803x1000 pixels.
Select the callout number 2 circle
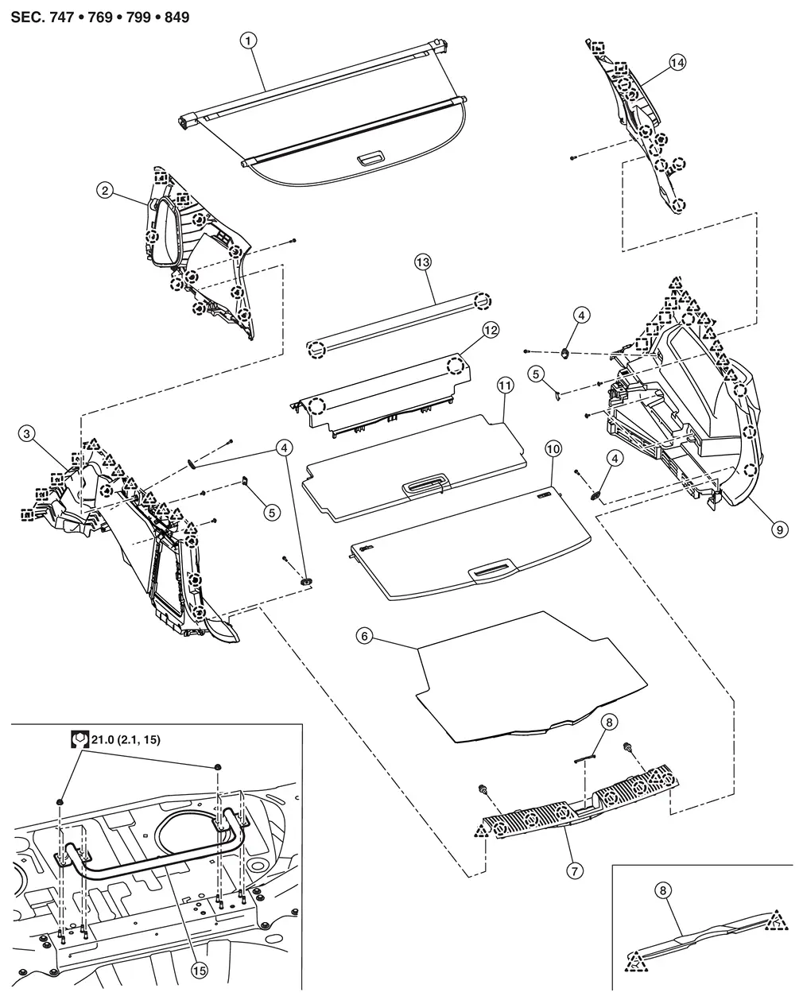(x=104, y=190)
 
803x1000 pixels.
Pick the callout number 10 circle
(x=553, y=449)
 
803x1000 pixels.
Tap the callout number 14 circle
(x=677, y=64)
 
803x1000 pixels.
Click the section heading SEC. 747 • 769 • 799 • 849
(x=100, y=16)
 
